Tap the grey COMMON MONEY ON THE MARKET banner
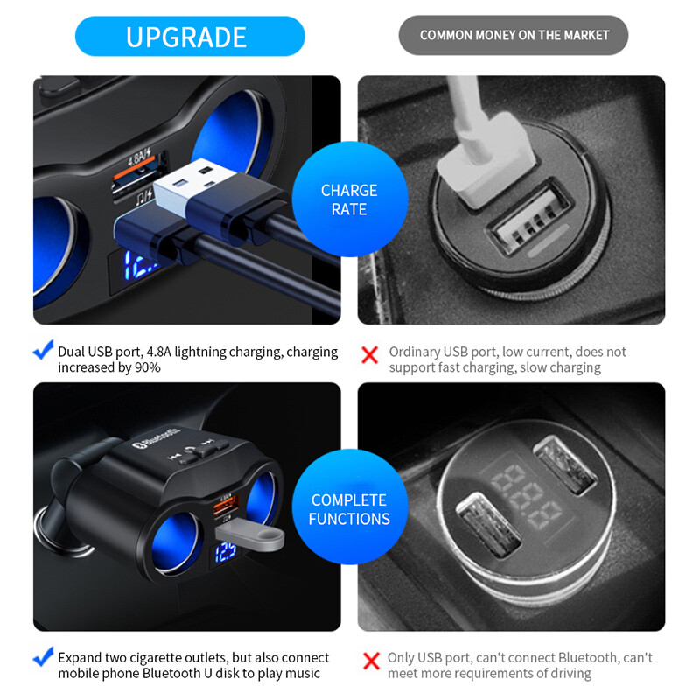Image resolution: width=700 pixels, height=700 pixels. click(x=514, y=36)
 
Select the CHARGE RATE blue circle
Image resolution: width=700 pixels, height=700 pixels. click(x=349, y=199)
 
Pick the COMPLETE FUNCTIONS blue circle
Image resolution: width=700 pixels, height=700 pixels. click(x=349, y=509)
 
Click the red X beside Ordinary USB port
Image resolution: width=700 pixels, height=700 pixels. click(x=370, y=354)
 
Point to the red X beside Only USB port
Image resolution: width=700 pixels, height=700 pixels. click(x=371, y=661)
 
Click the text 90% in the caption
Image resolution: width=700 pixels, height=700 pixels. click(x=147, y=367)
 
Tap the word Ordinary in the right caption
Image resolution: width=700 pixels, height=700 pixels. click(x=415, y=352)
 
